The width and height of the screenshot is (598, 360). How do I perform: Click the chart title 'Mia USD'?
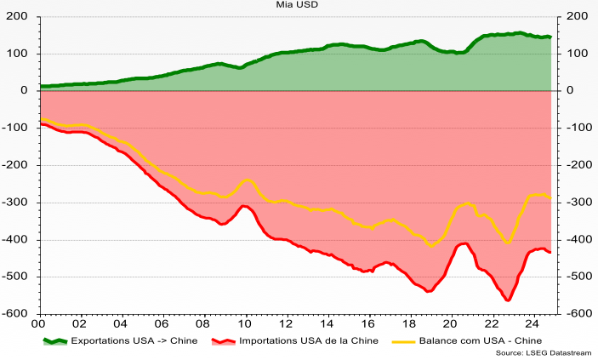(x=297, y=4)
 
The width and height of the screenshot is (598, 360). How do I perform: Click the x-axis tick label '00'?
(x=37, y=323)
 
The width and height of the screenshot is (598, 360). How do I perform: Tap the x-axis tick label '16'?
(x=367, y=323)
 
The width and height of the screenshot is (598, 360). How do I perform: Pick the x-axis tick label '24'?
(x=533, y=323)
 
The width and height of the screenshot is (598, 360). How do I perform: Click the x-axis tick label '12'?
(x=285, y=323)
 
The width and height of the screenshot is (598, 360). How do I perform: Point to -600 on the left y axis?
(x=16, y=314)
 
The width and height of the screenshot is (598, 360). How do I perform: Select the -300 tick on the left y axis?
(x=16, y=203)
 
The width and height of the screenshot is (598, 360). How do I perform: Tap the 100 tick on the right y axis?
(x=578, y=54)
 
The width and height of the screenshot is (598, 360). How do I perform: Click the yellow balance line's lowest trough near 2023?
(x=508, y=243)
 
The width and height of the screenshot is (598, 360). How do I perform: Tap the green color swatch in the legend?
(x=55, y=340)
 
